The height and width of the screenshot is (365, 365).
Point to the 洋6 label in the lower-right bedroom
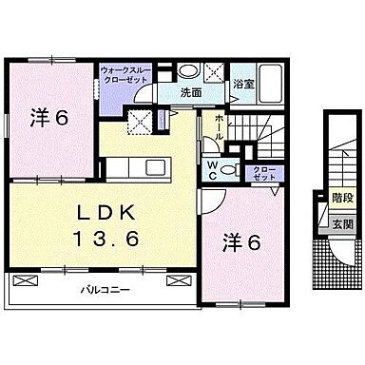coord(243,240)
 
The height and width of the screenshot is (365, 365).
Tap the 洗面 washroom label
coord(191,93)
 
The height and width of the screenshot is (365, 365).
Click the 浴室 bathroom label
coord(242,84)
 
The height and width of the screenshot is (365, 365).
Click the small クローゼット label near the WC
coord(260,172)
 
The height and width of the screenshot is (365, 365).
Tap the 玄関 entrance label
coord(342,224)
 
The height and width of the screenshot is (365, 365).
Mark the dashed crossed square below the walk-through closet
coord(141,122)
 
